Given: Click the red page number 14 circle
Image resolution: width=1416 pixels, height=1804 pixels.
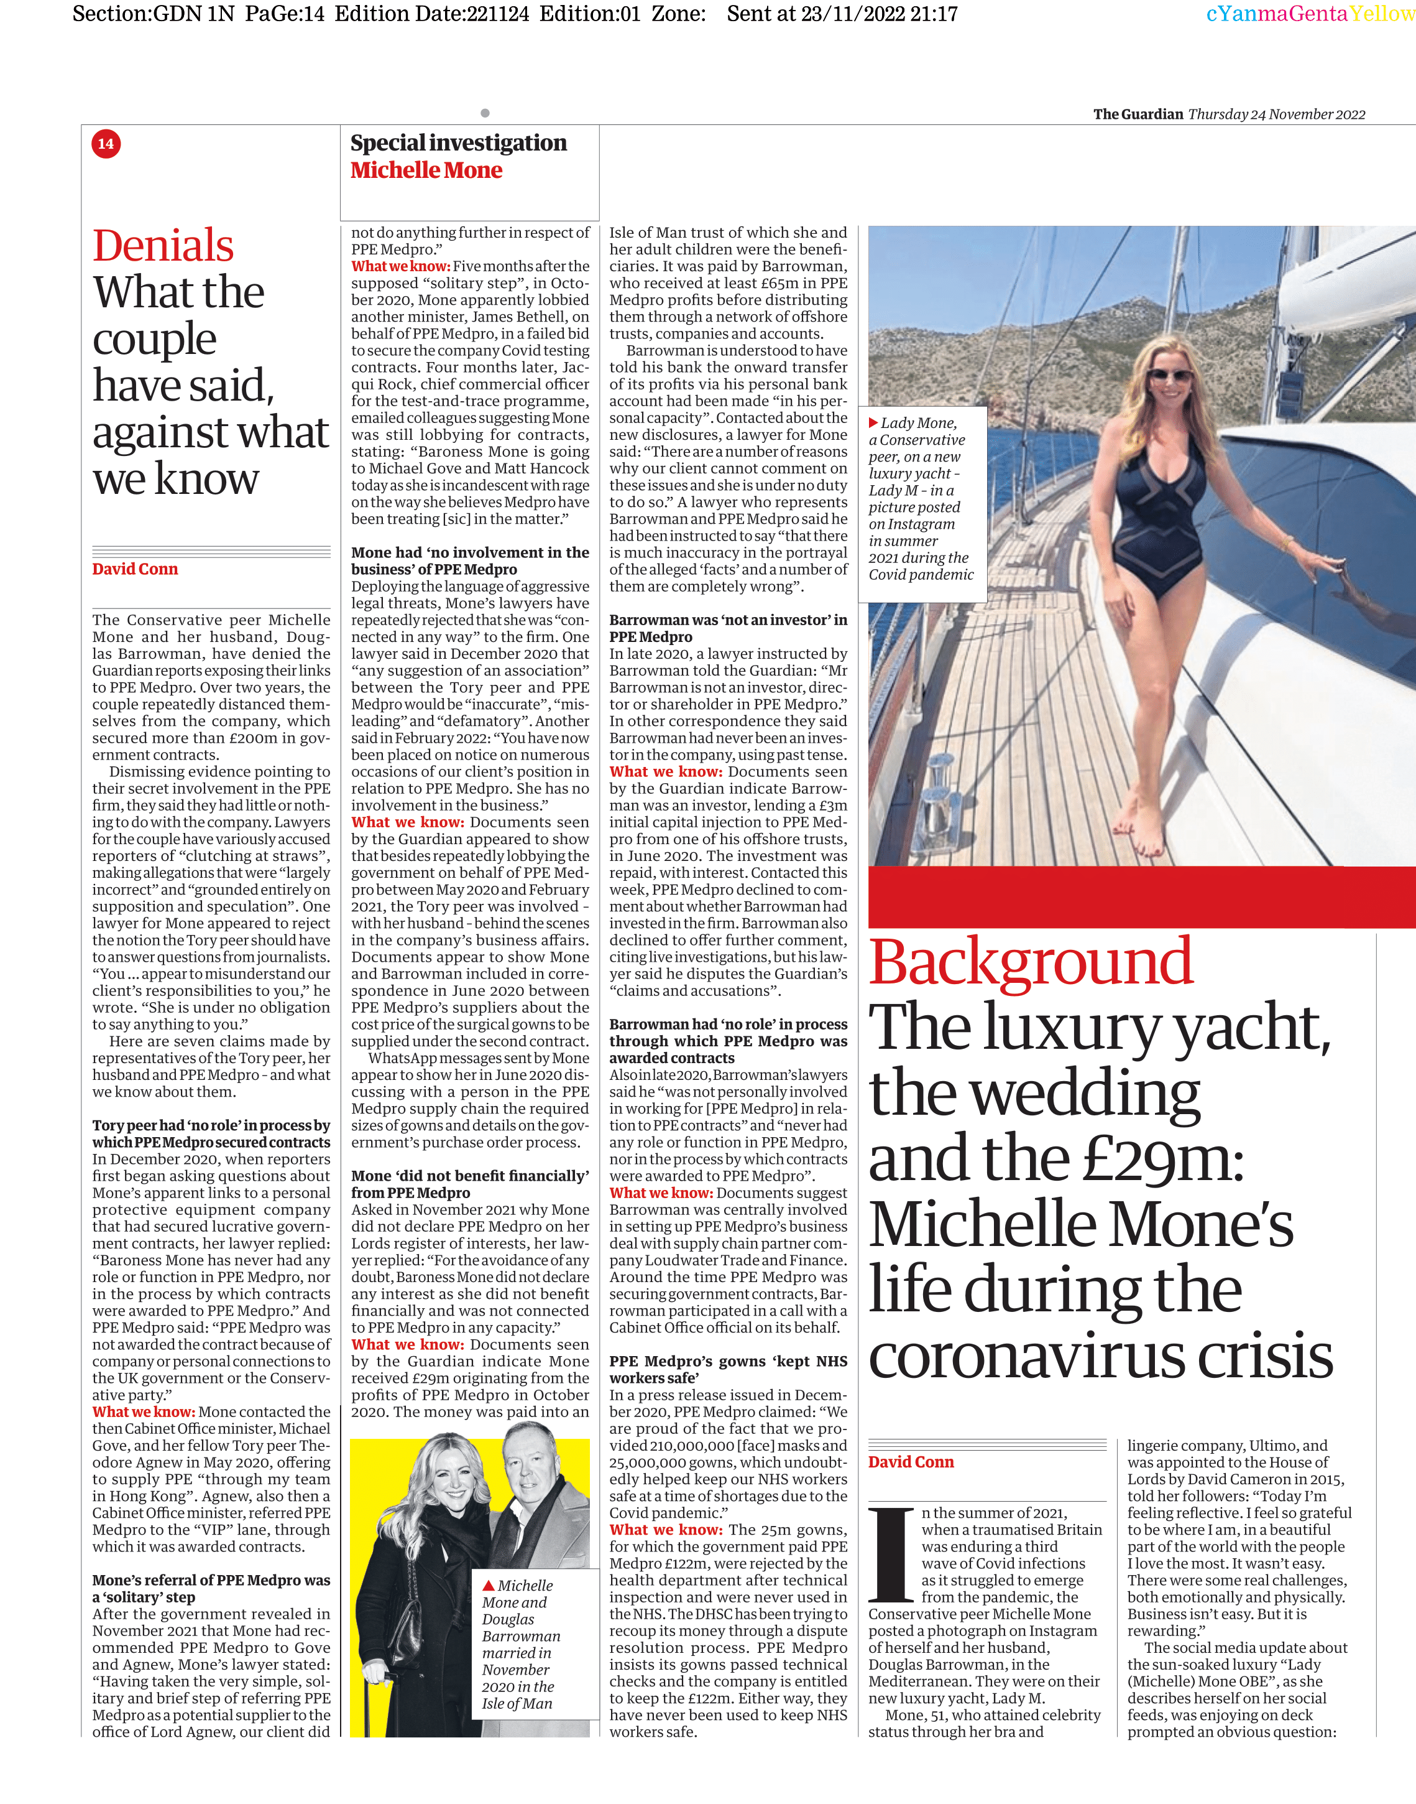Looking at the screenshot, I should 106,144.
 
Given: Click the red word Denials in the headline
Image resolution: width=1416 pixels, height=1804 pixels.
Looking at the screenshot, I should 163,246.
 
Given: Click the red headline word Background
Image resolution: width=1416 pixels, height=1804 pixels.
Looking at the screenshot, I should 1031,962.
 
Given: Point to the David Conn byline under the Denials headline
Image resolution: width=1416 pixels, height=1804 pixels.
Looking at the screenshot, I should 135,569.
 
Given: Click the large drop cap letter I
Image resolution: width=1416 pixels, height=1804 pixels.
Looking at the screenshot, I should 893,1555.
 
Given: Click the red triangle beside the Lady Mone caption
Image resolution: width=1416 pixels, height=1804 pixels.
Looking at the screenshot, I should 873,423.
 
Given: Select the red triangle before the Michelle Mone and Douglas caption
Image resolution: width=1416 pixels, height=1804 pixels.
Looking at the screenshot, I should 489,1585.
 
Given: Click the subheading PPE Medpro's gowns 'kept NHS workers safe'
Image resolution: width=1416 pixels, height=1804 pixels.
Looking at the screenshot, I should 728,1369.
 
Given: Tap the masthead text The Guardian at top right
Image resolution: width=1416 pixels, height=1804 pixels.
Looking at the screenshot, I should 1138,114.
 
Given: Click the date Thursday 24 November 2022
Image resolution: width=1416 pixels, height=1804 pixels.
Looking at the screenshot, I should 1277,114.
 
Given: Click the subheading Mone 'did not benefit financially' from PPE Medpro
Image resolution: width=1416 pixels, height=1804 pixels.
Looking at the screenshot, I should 470,1184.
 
